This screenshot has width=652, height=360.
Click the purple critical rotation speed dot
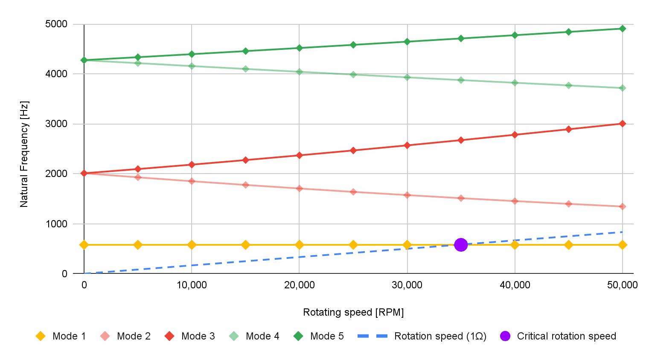click(x=461, y=245)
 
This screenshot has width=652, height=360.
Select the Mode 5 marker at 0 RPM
click(x=84, y=60)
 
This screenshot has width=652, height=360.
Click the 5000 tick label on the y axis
click(x=56, y=24)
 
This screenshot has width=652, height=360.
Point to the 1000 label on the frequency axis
click(x=56, y=224)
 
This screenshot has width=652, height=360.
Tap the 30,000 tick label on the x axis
click(x=407, y=285)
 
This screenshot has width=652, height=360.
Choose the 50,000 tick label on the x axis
click(x=622, y=285)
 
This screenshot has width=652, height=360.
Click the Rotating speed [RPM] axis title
click(x=353, y=312)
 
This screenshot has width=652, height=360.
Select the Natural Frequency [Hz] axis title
click(x=24, y=154)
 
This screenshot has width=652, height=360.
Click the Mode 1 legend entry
click(x=61, y=336)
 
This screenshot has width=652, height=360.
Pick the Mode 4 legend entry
click(x=254, y=336)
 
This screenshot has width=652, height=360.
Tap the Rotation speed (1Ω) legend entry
click(x=422, y=336)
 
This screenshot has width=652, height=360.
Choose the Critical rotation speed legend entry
click(x=558, y=336)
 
